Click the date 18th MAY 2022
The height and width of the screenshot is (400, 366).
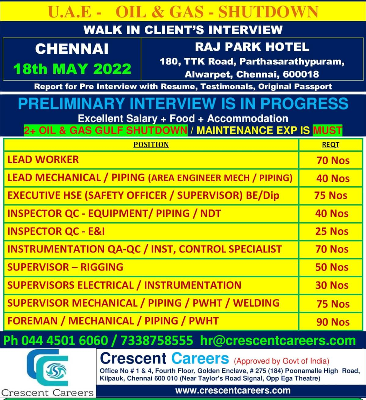click(x=72, y=69)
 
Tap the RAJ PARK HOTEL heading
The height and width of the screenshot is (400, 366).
click(x=252, y=47)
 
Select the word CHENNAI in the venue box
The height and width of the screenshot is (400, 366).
click(x=72, y=49)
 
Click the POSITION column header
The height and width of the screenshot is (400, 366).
click(x=151, y=144)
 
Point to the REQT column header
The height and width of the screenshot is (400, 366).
click(x=331, y=144)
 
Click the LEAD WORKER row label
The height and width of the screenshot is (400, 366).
click(x=43, y=159)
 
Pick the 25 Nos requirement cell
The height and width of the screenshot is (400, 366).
click(x=332, y=231)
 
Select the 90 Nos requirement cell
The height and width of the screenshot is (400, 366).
click(x=333, y=322)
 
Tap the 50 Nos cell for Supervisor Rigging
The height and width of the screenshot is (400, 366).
click(x=332, y=267)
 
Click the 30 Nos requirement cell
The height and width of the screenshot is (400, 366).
click(x=332, y=285)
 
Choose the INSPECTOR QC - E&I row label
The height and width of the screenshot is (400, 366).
click(x=56, y=231)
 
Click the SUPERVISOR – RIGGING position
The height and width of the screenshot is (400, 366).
click(x=65, y=267)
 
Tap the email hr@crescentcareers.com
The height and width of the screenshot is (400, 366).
click(x=278, y=340)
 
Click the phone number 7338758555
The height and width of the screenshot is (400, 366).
click(x=157, y=340)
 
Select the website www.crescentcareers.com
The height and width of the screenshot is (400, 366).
click(x=233, y=391)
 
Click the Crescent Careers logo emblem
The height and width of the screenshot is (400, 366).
click(x=47, y=368)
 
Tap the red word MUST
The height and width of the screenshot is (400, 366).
click(x=328, y=130)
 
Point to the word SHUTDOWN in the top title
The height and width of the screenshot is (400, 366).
click(x=268, y=12)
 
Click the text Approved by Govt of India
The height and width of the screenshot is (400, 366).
click(x=281, y=361)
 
